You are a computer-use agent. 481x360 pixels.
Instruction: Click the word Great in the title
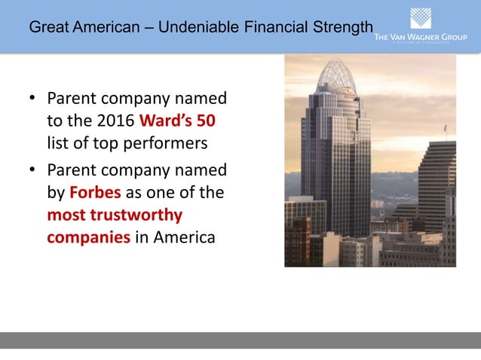[x=46, y=29]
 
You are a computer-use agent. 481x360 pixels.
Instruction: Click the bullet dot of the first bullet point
[x=32, y=99]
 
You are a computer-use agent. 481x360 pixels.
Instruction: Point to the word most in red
[x=66, y=215]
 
